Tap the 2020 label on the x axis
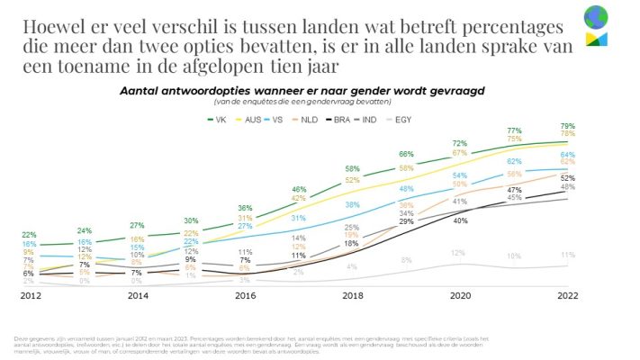click(459, 295)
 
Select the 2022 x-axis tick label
click(568, 295)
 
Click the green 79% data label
click(568, 125)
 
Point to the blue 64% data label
click(568, 154)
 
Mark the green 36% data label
click(244, 208)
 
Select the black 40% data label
click(460, 220)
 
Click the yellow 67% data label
click(459, 153)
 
